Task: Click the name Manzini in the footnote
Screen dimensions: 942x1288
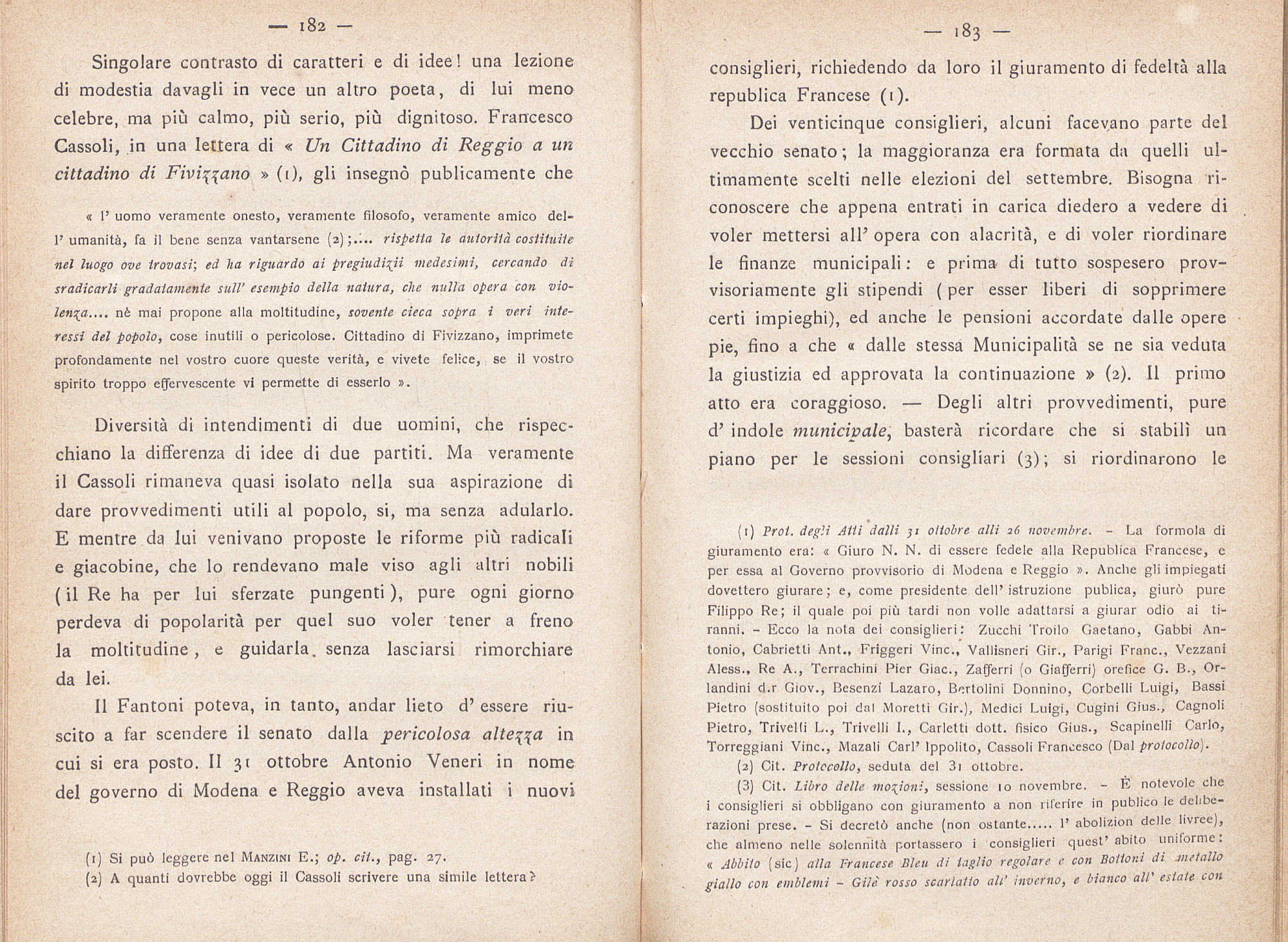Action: (268, 858)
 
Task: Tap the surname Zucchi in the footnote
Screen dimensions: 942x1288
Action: (998, 630)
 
